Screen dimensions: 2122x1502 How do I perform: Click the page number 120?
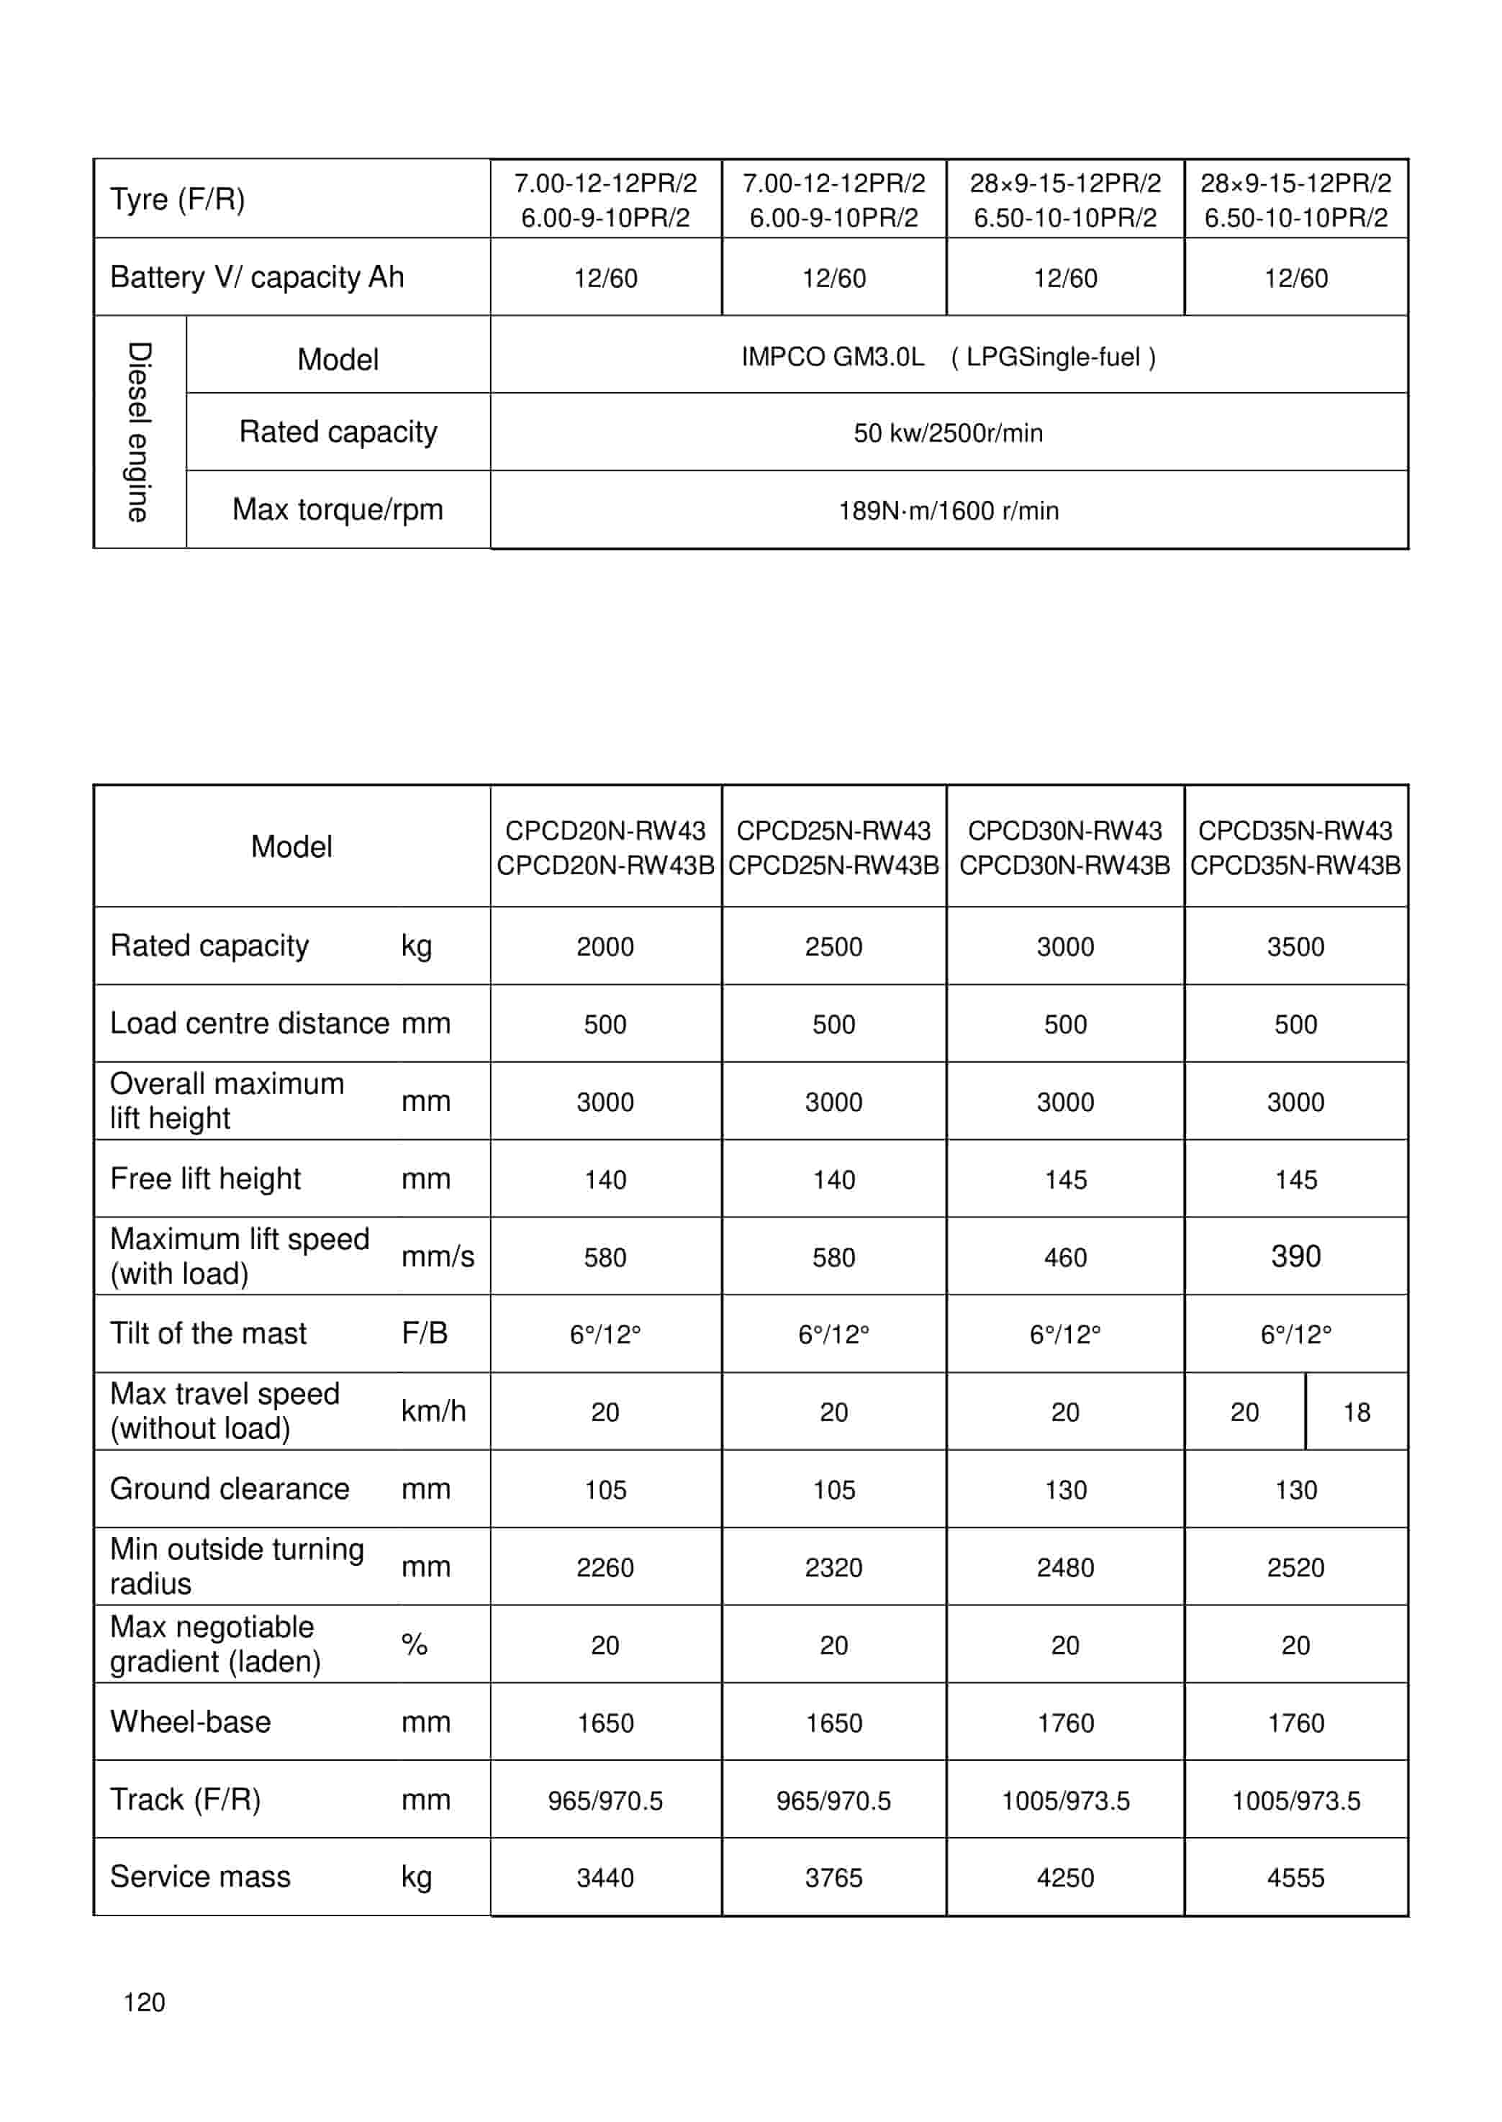pyautogui.click(x=144, y=2002)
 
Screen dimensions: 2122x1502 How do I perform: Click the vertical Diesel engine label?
pyautogui.click(x=139, y=432)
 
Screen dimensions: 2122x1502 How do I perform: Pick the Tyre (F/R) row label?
pyautogui.click(x=178, y=199)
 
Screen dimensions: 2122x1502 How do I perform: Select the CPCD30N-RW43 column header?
pyautogui.click(x=1064, y=847)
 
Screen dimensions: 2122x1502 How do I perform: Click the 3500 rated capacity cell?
pyautogui.click(x=1295, y=947)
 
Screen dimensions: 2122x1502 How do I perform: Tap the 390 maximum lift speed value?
pyautogui.click(x=1295, y=1256)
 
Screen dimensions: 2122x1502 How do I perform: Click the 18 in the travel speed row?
pyautogui.click(x=1356, y=1412)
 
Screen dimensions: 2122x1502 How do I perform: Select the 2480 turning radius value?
pyautogui.click(x=1064, y=1567)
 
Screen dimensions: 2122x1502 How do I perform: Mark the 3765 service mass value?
pyautogui.click(x=833, y=1878)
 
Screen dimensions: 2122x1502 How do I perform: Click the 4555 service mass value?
pyautogui.click(x=1295, y=1878)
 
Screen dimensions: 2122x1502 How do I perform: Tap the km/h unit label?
pyautogui.click(x=433, y=1411)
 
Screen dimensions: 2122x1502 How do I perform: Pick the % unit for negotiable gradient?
pyautogui.click(x=415, y=1644)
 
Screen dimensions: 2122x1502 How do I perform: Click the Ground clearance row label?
pyautogui.click(x=230, y=1489)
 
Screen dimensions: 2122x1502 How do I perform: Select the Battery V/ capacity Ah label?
pyautogui.click(x=257, y=276)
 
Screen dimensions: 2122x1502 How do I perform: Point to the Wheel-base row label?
pyautogui.click(x=191, y=1722)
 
